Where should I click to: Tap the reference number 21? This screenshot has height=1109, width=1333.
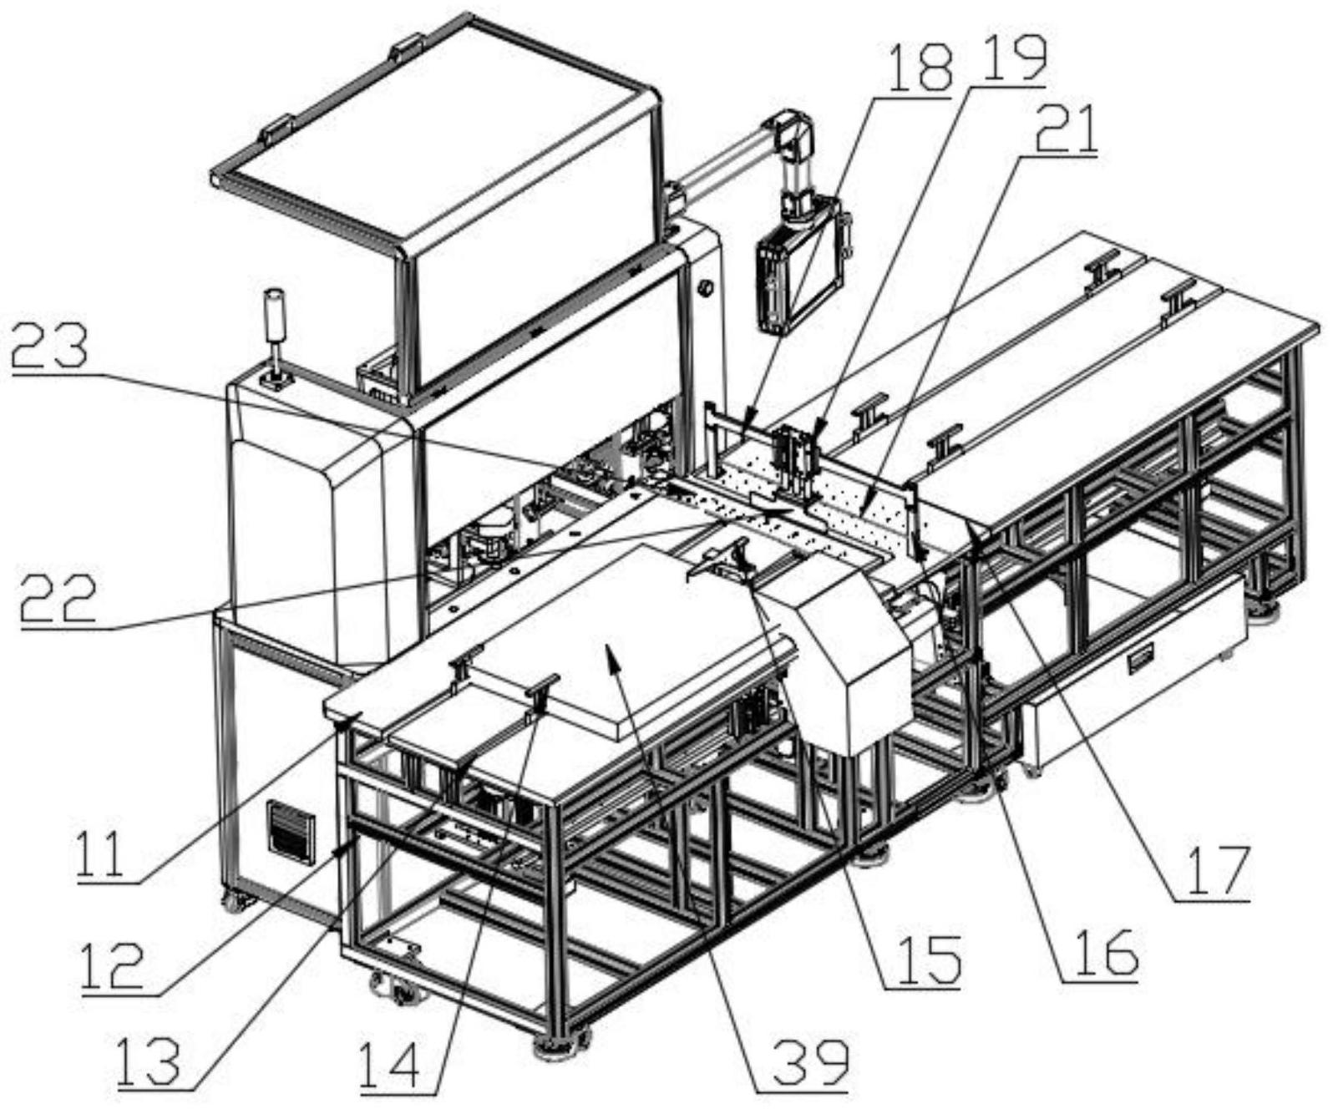(x=1066, y=128)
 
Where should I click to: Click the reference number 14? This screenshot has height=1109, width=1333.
(x=392, y=1061)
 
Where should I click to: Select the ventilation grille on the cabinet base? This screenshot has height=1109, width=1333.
(x=291, y=832)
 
